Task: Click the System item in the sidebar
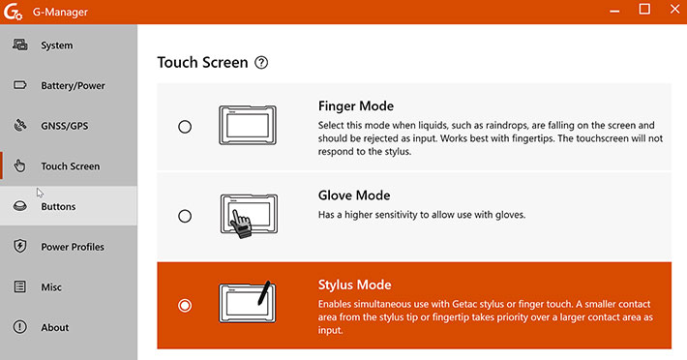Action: coord(57,45)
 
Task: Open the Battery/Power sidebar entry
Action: coord(73,85)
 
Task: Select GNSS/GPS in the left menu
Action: coord(65,126)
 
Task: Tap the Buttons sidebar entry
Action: coord(58,206)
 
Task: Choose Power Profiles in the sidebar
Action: coord(73,247)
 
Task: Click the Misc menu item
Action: coord(51,286)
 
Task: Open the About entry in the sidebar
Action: coord(55,327)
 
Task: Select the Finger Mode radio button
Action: coord(185,127)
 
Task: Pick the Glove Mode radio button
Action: coord(185,216)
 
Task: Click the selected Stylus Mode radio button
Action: coord(185,305)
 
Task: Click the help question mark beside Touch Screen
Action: coord(261,63)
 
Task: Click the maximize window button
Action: coord(644,9)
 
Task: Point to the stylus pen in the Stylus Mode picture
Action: coord(264,293)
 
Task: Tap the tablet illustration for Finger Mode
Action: coord(248,125)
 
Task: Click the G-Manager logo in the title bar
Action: coord(13,12)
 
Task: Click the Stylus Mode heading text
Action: coord(354,285)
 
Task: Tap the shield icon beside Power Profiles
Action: coord(19,246)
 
